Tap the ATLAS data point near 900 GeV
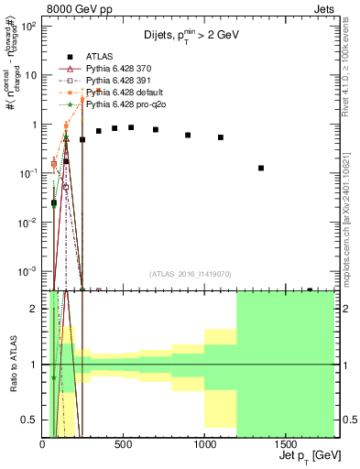(x=188, y=135)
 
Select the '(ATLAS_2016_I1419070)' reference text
(x=189, y=274)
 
